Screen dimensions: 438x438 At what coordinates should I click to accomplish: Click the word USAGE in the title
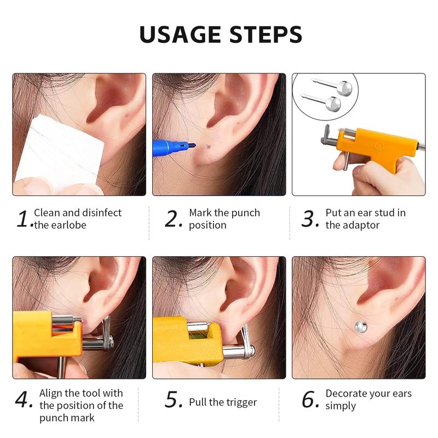click(x=180, y=34)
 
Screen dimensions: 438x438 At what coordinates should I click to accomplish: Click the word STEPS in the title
click(x=266, y=34)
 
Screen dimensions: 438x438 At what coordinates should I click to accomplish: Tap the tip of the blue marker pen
click(x=195, y=145)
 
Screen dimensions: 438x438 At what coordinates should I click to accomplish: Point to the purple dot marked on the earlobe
click(x=208, y=146)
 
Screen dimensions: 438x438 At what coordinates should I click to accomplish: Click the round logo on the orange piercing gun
click(x=379, y=145)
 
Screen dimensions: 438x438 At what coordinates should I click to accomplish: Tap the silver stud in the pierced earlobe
click(x=361, y=327)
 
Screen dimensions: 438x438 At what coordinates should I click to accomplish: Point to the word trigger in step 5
click(x=241, y=402)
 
